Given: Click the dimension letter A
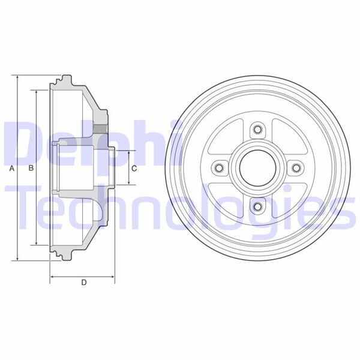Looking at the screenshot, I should pos(11,169).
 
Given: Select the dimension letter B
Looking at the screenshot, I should pos(31,169).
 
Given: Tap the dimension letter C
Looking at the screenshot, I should pos(134,168).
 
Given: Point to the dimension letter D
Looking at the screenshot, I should pos(83,283).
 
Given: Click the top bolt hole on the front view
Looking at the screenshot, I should pos(258,129).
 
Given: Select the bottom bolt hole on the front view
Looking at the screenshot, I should pos(258,207).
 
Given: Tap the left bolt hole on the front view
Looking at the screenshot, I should pos(220,168).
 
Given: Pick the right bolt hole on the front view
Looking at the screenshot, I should pos(296,168).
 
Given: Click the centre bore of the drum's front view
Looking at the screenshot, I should pos(258,168).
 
